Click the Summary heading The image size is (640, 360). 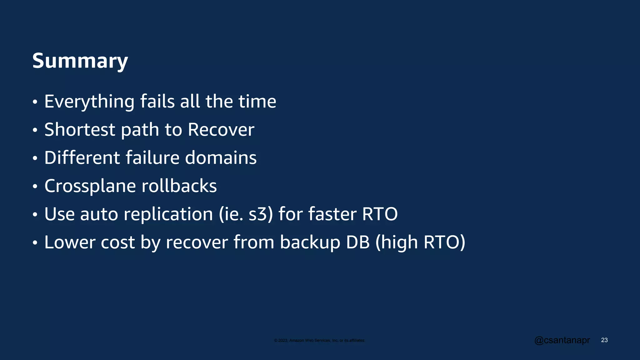80,61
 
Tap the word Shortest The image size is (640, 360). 80,130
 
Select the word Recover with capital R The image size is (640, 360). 221,130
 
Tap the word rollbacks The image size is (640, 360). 179,186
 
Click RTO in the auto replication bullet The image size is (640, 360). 380,214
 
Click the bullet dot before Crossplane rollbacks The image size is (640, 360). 35,187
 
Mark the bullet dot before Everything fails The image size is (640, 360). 35,102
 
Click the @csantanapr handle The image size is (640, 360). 562,340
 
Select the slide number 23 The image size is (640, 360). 604,340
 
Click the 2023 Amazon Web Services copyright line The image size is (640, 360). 319,340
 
